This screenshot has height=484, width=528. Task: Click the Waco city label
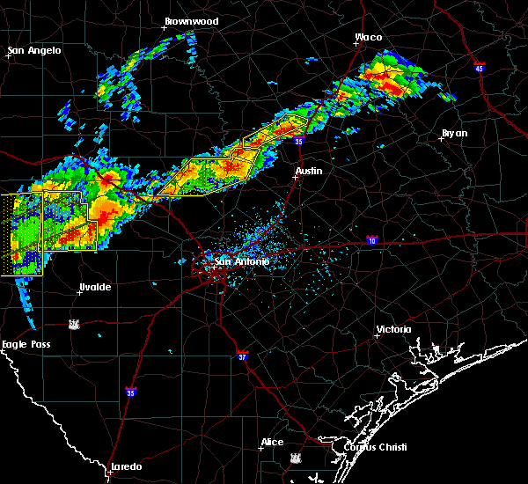tap(368, 37)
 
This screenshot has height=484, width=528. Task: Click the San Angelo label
tap(35, 50)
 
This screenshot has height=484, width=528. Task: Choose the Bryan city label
tap(455, 133)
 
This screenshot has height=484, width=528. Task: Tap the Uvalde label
tap(94, 288)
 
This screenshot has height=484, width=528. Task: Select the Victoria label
tap(393, 329)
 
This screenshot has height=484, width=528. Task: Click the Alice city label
tap(272, 442)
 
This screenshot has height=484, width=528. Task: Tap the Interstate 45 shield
tap(480, 68)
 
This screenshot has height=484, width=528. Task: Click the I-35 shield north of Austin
tap(300, 140)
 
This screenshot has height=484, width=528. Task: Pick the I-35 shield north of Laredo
tap(131, 392)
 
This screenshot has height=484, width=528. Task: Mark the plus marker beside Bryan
tap(441, 138)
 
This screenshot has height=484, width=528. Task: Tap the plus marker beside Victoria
tap(377, 335)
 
